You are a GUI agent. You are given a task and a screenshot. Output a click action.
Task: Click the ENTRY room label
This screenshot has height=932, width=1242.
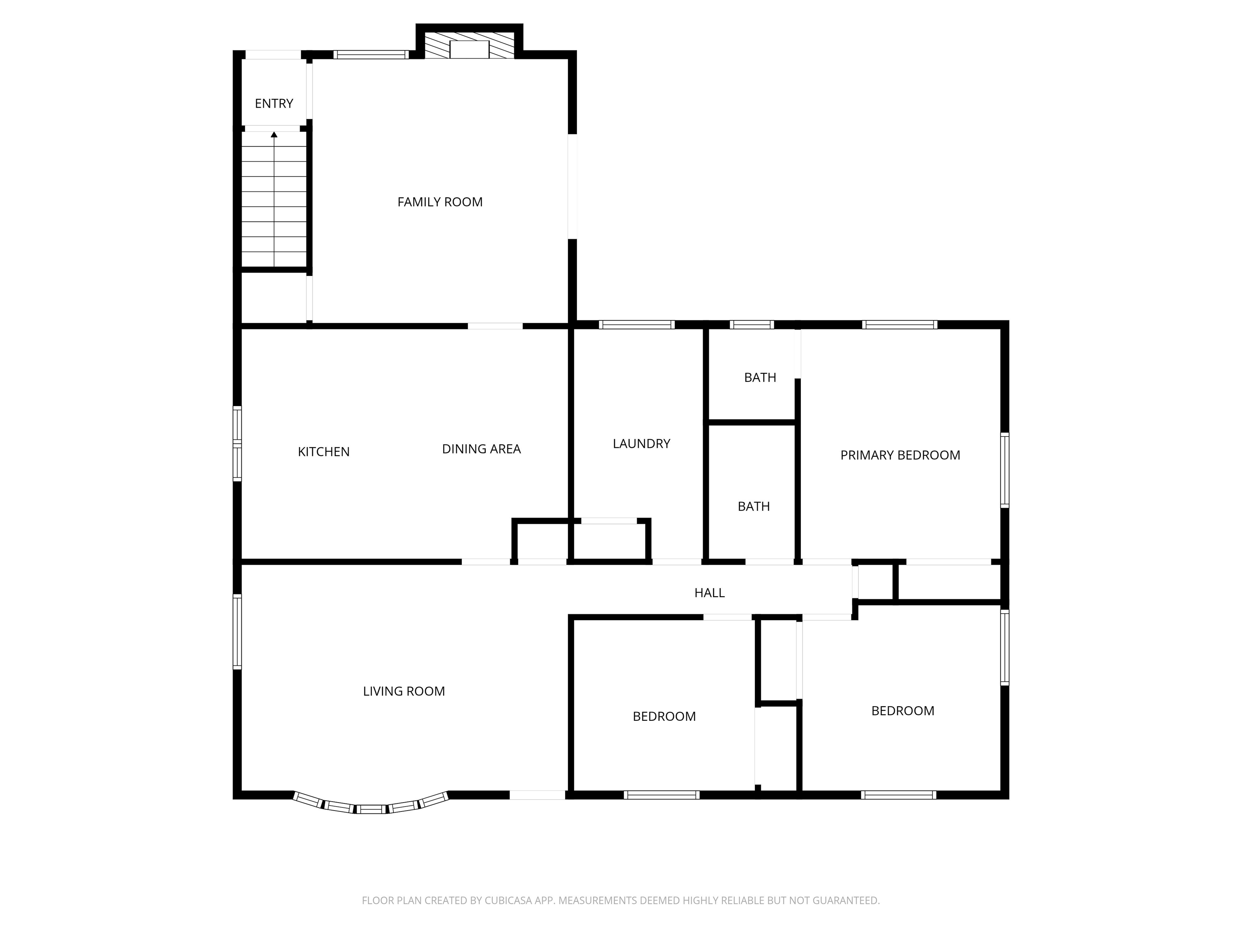coord(274,104)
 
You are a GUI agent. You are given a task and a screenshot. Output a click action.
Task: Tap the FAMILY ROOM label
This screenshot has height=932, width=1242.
coord(439,202)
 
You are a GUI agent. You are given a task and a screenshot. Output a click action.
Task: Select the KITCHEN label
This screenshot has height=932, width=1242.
coord(323,452)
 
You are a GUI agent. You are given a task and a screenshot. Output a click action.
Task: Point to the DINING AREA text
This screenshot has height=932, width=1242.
coord(481,449)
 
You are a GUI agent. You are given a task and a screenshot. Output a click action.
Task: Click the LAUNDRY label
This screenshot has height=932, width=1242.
coord(641,444)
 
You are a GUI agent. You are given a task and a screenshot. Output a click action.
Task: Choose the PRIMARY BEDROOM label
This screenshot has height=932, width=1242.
coord(900,455)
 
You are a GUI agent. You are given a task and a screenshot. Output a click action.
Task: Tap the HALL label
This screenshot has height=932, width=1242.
coord(709,593)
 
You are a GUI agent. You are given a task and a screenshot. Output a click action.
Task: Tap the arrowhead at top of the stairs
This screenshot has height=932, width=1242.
coord(274,135)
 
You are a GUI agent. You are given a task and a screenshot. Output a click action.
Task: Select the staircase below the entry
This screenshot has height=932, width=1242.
coord(274,199)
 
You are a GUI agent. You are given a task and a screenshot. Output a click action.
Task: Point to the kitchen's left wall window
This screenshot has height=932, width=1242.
coord(237,444)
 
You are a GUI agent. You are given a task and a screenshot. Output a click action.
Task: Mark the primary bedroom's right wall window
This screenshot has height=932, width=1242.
coord(1005,470)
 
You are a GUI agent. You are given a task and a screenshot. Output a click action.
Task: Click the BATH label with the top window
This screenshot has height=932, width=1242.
coord(760,377)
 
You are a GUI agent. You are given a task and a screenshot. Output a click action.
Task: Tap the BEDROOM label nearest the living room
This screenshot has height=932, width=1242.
coord(664,716)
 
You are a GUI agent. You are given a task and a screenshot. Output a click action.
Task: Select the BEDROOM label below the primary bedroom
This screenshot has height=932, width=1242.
coord(903,711)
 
